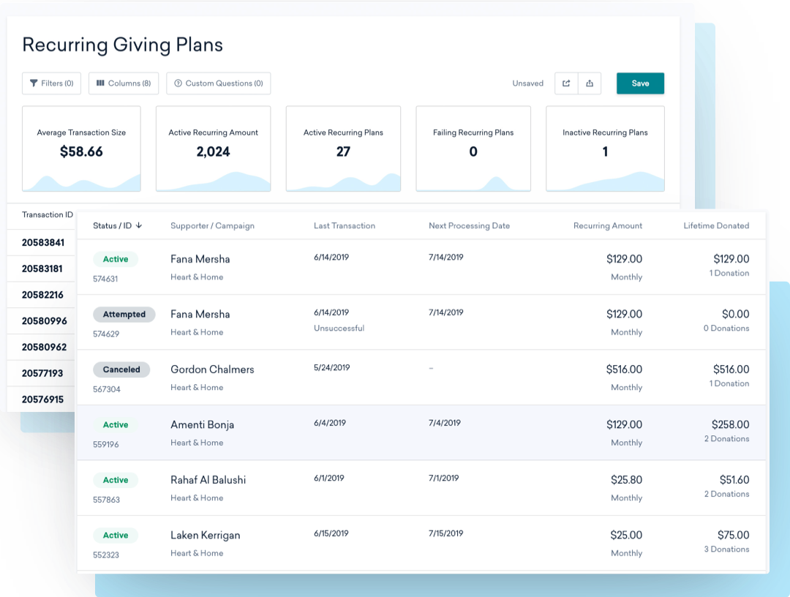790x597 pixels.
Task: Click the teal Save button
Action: (x=640, y=83)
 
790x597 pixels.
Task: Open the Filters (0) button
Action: (x=51, y=83)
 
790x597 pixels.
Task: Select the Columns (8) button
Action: (x=123, y=83)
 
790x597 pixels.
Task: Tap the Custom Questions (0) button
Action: (x=218, y=83)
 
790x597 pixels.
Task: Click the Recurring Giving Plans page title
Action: (x=122, y=45)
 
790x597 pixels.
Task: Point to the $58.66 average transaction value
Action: (x=81, y=152)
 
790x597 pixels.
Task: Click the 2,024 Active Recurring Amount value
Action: (x=213, y=152)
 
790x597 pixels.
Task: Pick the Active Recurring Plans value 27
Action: (x=343, y=152)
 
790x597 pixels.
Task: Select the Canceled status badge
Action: (x=121, y=369)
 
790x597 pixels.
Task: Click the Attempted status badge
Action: (x=124, y=315)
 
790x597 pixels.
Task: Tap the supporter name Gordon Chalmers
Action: (x=212, y=369)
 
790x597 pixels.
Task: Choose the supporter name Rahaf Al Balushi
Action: (x=208, y=480)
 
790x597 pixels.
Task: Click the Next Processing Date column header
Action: (x=469, y=226)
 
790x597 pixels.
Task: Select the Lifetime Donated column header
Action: (x=716, y=226)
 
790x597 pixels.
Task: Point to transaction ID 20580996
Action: (x=44, y=321)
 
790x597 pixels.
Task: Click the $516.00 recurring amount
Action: (x=624, y=369)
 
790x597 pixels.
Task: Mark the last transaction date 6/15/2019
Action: (x=331, y=533)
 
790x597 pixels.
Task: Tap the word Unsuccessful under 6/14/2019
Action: (x=339, y=328)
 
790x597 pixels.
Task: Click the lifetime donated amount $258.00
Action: (x=730, y=424)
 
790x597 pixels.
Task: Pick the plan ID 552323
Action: (x=106, y=555)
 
